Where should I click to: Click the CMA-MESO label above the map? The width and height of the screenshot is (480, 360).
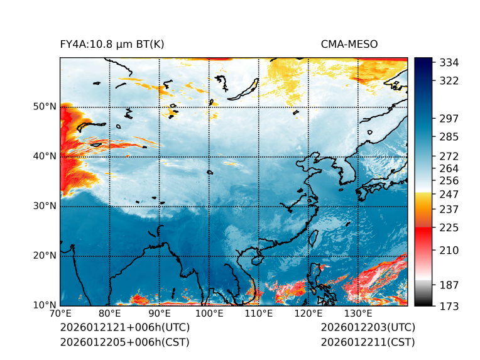(349, 44)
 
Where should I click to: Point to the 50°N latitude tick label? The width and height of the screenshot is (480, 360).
(45, 107)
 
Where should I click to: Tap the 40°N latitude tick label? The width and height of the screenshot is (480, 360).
(45, 156)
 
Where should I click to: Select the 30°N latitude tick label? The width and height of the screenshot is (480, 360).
(45, 206)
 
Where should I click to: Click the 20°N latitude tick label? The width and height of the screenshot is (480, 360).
(45, 256)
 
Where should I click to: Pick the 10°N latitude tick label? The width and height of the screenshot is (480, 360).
(45, 305)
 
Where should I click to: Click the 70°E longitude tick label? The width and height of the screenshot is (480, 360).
(60, 314)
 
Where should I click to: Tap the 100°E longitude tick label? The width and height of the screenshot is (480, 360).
(209, 314)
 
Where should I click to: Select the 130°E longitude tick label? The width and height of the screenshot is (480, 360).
(358, 314)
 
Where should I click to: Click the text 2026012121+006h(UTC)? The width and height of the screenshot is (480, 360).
(124, 327)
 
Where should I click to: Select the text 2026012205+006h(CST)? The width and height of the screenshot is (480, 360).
(124, 342)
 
